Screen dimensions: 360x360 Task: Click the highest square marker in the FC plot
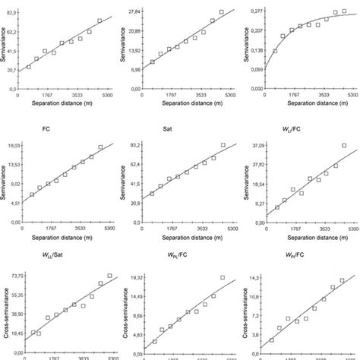[x=100, y=147]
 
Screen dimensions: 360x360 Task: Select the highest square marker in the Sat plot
[x=223, y=145]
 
